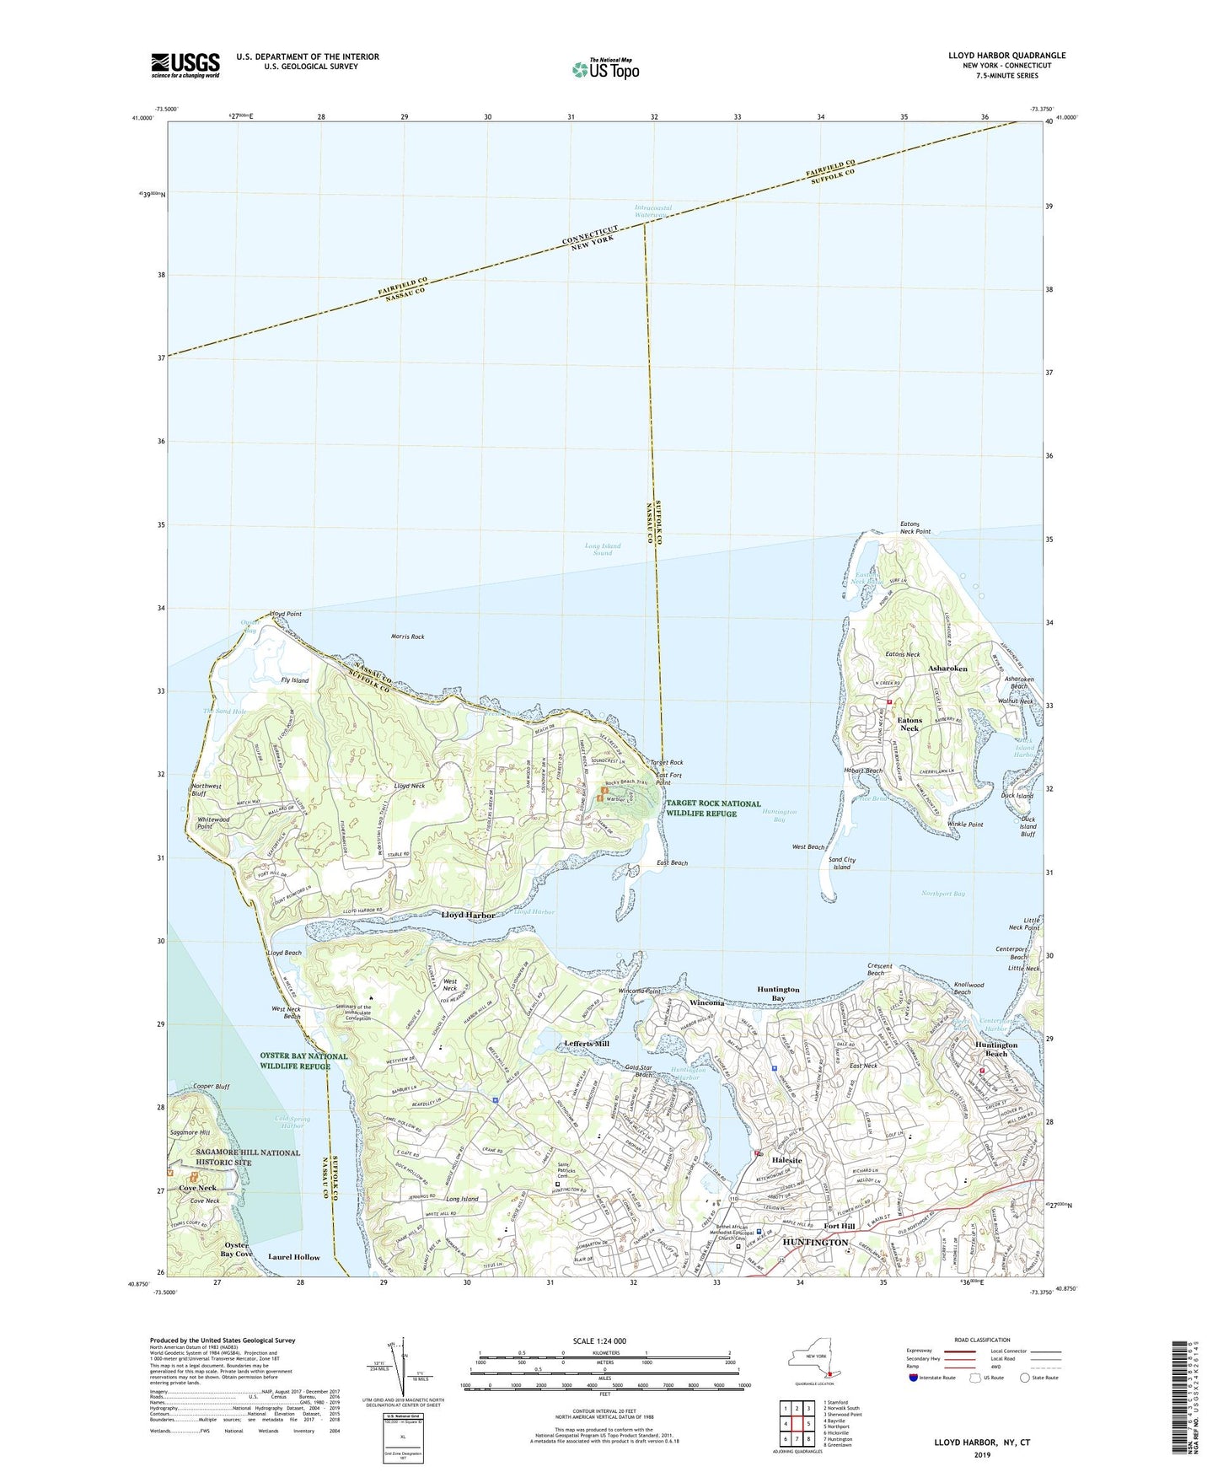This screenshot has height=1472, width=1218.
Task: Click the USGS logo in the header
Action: [x=185, y=64]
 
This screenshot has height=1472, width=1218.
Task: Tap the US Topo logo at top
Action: [x=604, y=68]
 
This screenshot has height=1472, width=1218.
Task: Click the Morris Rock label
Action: [x=408, y=637]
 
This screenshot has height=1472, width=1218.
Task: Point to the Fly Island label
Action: [x=294, y=680]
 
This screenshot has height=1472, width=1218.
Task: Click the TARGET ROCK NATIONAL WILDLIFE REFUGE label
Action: [x=713, y=809]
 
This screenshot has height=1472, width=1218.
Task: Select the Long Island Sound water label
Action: [x=603, y=550]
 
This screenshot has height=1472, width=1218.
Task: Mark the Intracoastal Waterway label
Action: [x=652, y=212]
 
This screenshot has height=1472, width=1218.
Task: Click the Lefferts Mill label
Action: [x=587, y=1044]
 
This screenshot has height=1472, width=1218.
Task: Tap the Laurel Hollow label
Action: [x=293, y=1257]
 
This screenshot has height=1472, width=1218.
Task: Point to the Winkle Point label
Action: [x=965, y=825]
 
